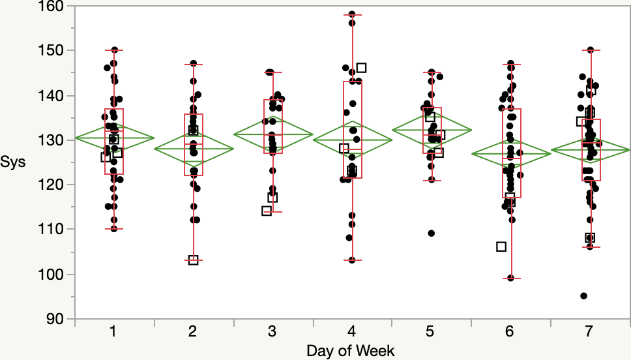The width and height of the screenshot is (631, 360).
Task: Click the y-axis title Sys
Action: click(x=13, y=162)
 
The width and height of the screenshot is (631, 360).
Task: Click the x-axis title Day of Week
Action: click(x=351, y=350)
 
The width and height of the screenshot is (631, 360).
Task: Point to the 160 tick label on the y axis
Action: click(x=54, y=6)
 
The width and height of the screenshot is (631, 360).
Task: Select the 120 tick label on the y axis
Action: click(x=54, y=185)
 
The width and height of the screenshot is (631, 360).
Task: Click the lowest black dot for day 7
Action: click(x=584, y=296)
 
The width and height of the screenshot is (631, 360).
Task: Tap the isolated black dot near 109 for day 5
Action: click(x=431, y=233)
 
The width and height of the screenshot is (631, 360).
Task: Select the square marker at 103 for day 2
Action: click(x=194, y=260)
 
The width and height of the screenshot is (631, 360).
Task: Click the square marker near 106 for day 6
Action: click(x=501, y=247)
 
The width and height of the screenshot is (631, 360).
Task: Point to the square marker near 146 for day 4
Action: click(x=362, y=68)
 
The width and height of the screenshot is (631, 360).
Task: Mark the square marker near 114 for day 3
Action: click(x=267, y=211)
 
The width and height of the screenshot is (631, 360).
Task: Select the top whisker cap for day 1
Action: click(x=114, y=50)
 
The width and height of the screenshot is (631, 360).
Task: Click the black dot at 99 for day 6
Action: click(x=511, y=278)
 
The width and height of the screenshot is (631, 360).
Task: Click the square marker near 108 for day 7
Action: click(x=590, y=238)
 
